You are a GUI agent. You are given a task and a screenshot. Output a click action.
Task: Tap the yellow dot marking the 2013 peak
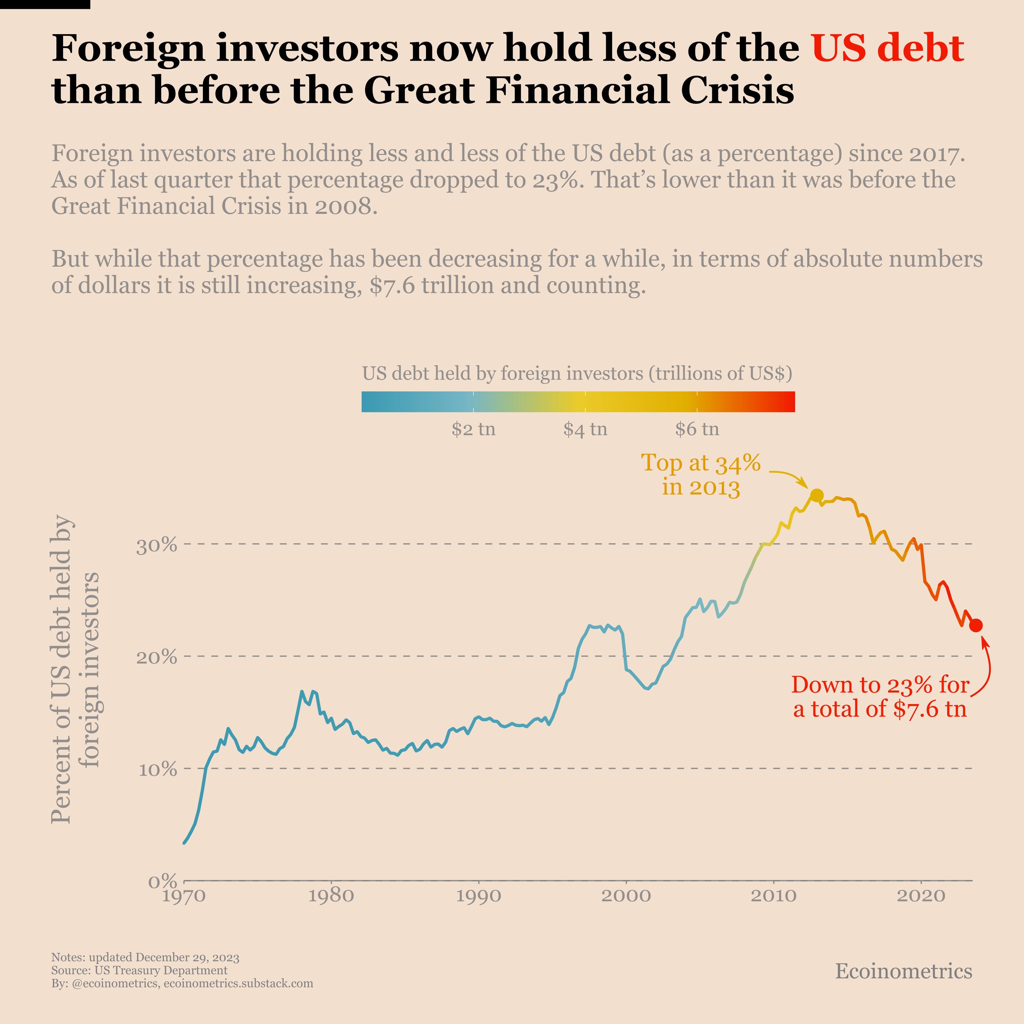click(x=817, y=495)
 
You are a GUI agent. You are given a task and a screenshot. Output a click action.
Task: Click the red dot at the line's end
click(x=976, y=625)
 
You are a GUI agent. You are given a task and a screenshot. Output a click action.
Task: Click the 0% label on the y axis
click(x=162, y=882)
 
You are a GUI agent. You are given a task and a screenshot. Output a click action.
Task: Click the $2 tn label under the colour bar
click(x=473, y=429)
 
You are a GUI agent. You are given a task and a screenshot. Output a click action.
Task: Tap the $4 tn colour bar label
click(x=585, y=429)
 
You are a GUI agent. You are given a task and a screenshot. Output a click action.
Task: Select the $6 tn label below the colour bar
click(x=697, y=429)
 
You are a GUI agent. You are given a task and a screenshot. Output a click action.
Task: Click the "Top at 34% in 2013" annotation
click(x=701, y=474)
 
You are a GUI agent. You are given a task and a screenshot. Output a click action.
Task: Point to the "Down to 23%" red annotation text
click(x=880, y=697)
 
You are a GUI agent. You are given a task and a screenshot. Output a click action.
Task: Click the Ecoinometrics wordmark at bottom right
click(x=904, y=971)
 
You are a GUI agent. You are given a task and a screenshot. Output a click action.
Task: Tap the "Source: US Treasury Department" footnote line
click(x=139, y=971)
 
